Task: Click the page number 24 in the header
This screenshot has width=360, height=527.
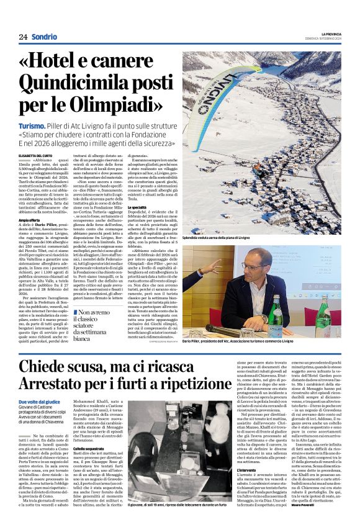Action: [23, 37]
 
